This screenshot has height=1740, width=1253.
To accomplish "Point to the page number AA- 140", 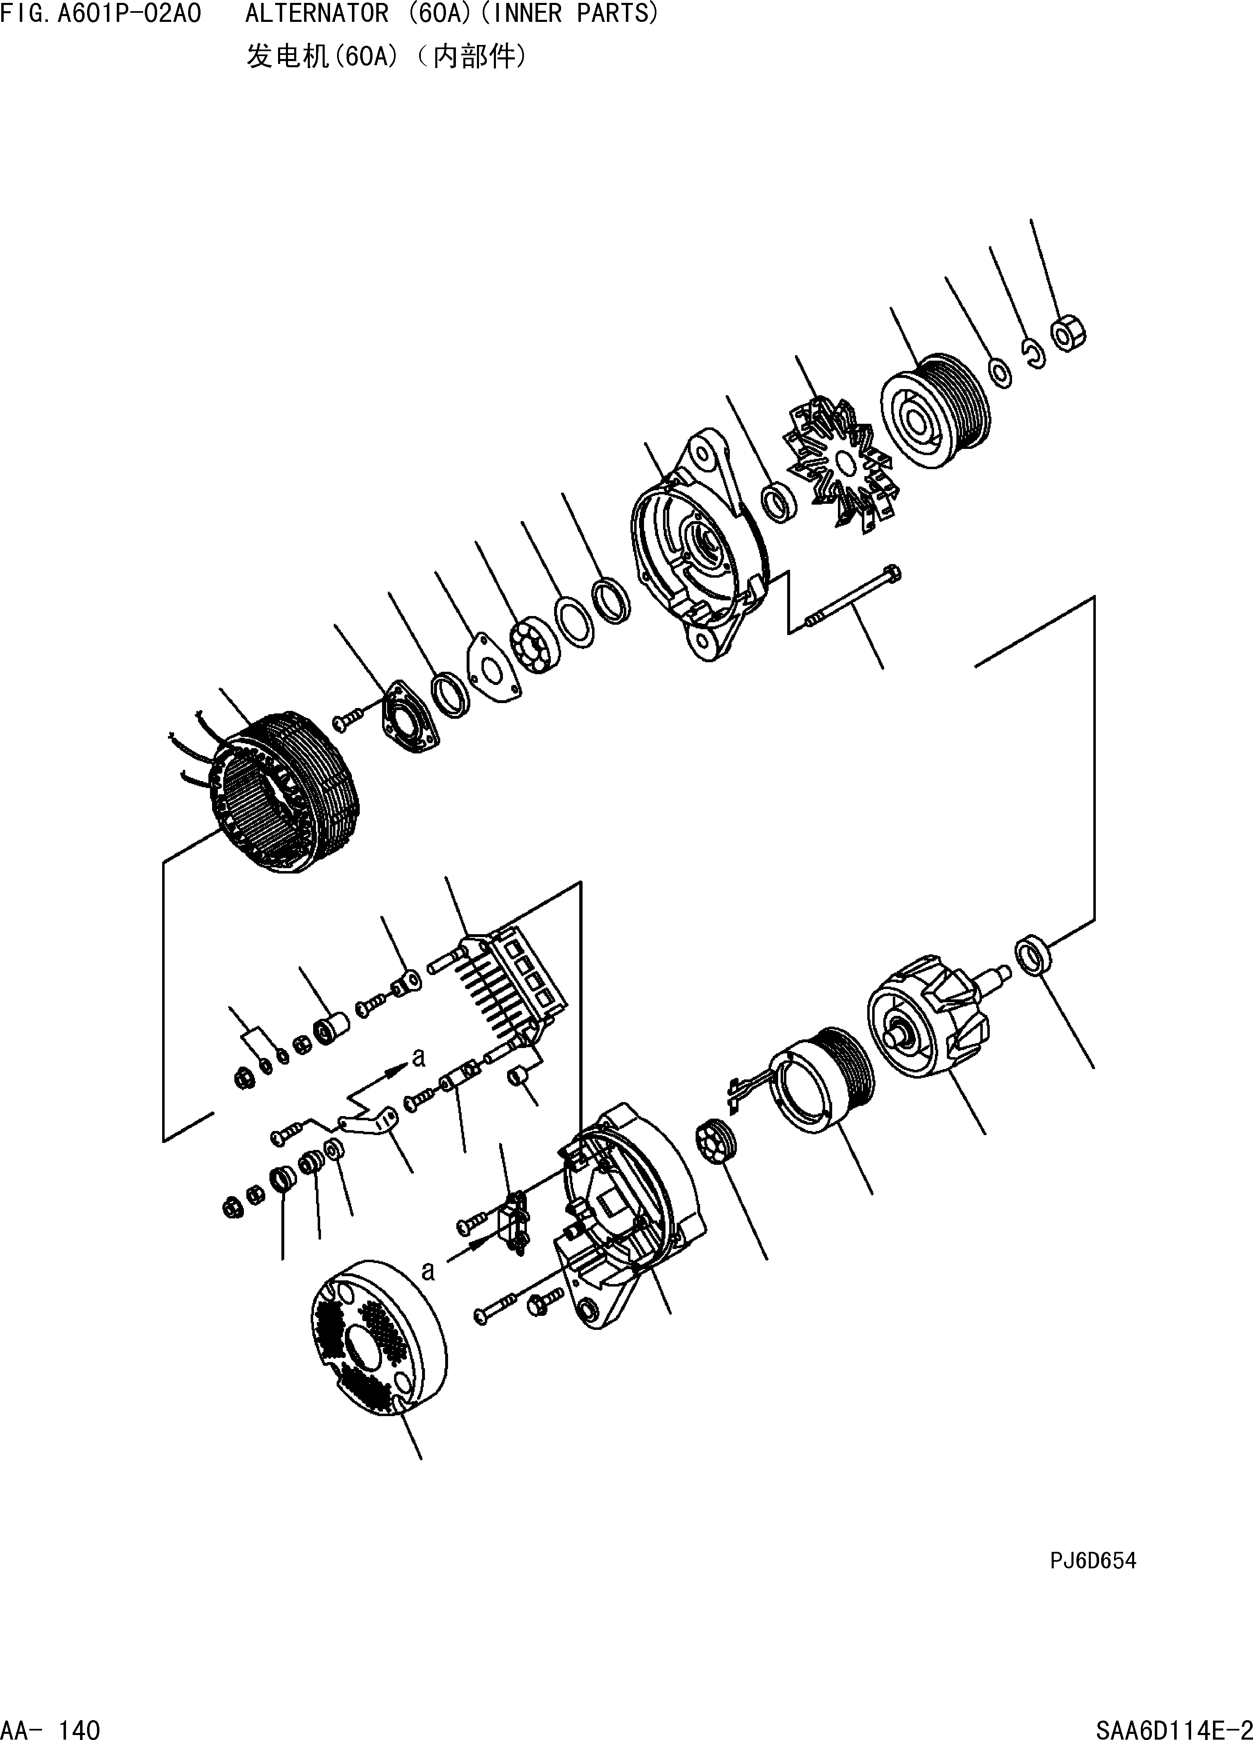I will pyautogui.click(x=51, y=1729).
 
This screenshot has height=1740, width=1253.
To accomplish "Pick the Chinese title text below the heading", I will pyautogui.click(x=386, y=56).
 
